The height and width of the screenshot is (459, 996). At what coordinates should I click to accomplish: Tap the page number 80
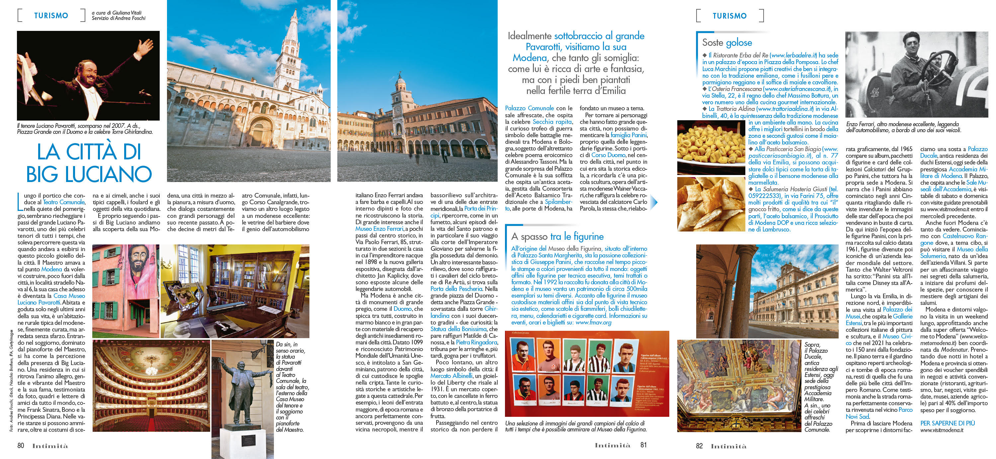21,445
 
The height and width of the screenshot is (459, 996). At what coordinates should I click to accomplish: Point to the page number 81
643,445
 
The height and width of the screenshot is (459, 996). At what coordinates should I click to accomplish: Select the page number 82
699,445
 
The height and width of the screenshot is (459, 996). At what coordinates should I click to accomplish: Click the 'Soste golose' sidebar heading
727,42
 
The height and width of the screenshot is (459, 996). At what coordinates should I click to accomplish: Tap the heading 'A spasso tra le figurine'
557,236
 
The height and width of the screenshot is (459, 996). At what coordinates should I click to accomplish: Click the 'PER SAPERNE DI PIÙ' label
947,423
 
